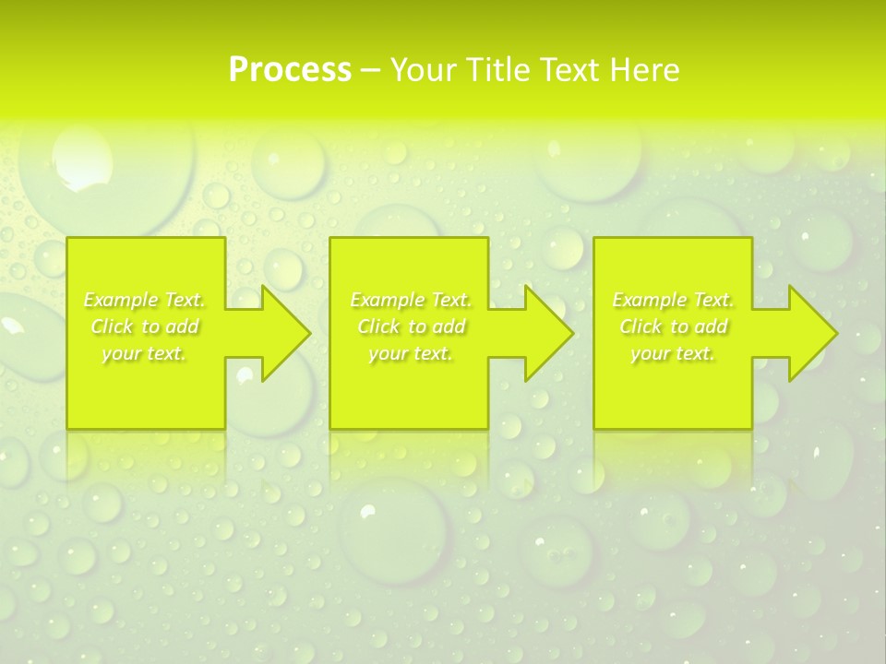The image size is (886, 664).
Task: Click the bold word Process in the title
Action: [x=290, y=70]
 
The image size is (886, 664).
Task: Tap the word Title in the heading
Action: [x=498, y=70]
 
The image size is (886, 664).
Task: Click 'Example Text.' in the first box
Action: [x=145, y=300]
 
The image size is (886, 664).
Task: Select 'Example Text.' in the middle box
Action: [x=411, y=300]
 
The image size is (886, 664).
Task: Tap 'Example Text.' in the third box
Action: [x=673, y=300]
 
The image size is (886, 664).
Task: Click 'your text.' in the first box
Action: [x=145, y=353]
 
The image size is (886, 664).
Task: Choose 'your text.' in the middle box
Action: [x=411, y=353]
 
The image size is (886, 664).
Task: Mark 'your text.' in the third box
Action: [x=673, y=353]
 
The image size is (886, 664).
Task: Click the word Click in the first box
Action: [x=111, y=326]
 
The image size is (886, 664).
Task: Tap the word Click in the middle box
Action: [x=377, y=326]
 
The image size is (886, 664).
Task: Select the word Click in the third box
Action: [x=640, y=326]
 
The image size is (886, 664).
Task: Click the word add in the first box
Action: [x=181, y=326]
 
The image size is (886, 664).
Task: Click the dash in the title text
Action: [x=370, y=71]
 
